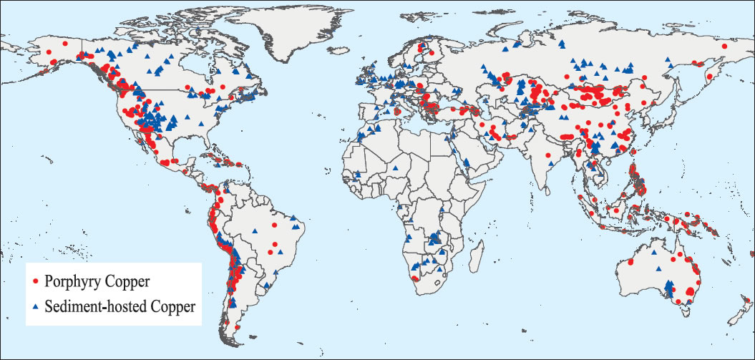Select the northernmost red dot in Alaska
click(65, 44)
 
